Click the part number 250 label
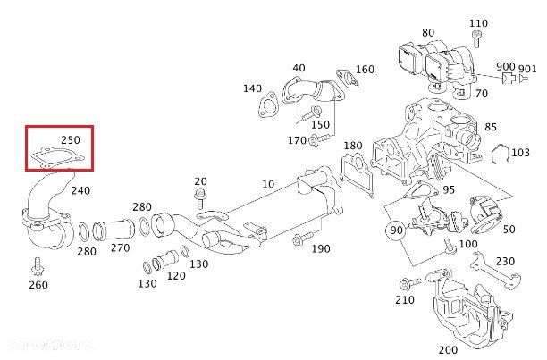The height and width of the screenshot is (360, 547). click(71, 140)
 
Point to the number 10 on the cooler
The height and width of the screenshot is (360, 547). click(268, 184)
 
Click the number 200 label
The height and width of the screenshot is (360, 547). click(448, 348)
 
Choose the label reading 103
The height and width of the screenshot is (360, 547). click(520, 152)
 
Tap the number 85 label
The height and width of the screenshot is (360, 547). click(491, 126)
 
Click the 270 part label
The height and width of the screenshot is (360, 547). click(121, 247)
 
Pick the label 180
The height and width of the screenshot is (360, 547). click(353, 145)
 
